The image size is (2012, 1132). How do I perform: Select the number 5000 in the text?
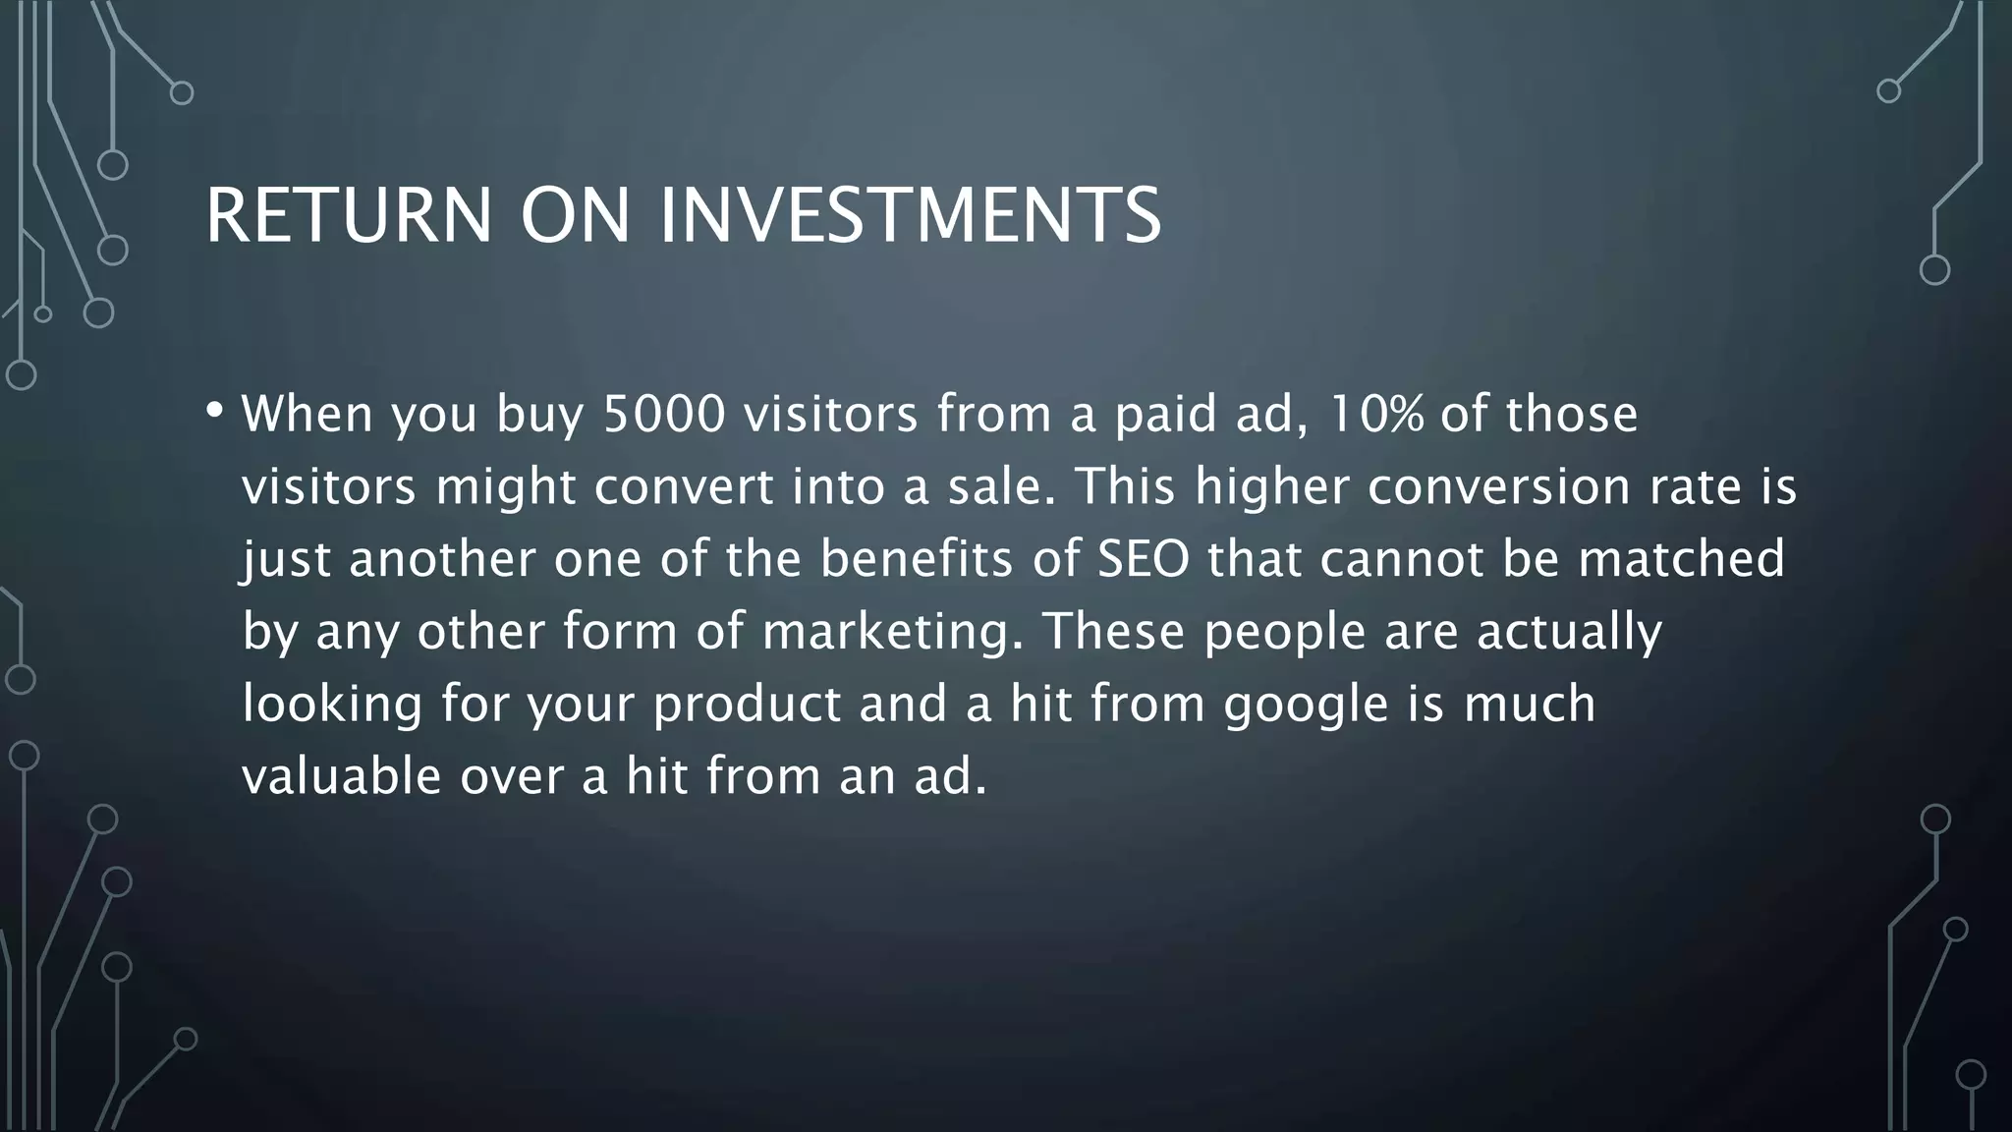[664, 414]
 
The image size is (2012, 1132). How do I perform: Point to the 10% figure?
[1374, 414]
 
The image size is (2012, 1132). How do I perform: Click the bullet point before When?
[215, 409]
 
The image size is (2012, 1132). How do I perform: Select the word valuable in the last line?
[341, 776]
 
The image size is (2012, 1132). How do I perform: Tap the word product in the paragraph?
[747, 706]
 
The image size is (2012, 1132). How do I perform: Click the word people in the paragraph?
[1284, 633]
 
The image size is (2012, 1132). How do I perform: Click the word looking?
[332, 706]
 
